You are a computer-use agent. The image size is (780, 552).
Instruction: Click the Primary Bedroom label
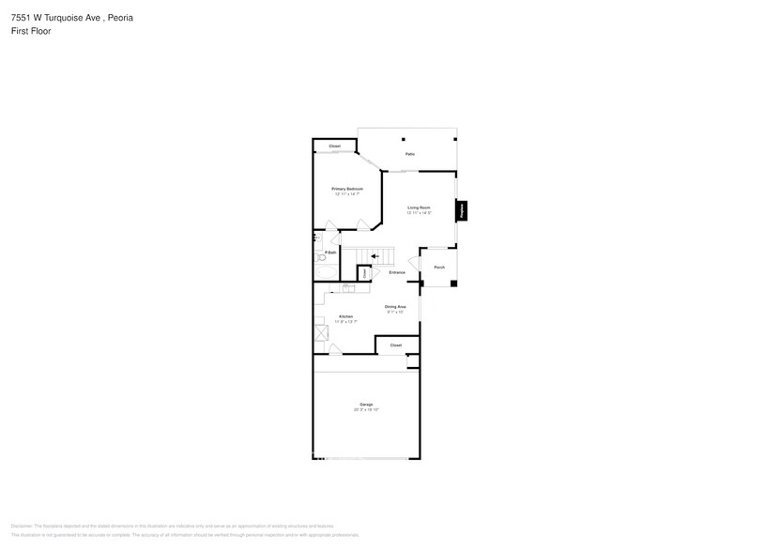pyautogui.click(x=346, y=189)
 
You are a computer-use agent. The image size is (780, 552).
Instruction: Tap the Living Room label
pyautogui.click(x=419, y=207)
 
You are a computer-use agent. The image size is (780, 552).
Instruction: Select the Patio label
pyautogui.click(x=410, y=154)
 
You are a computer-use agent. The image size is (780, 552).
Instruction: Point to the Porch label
pyautogui.click(x=439, y=268)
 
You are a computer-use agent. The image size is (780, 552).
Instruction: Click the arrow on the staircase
pyautogui.click(x=375, y=255)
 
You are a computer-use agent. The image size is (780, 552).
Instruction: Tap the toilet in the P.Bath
pyautogui.click(x=320, y=256)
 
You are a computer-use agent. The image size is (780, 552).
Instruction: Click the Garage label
pyautogui.click(x=365, y=405)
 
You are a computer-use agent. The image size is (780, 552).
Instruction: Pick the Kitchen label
pyautogui.click(x=345, y=316)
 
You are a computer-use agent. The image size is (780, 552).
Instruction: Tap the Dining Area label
pyautogui.click(x=395, y=307)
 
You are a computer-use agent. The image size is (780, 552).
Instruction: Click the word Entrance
pyautogui.click(x=397, y=272)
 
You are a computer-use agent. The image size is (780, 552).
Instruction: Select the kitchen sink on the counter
pyautogui.click(x=348, y=288)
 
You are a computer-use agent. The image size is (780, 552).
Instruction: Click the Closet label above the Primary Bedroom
pyautogui.click(x=334, y=146)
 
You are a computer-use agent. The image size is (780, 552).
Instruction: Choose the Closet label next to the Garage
pyautogui.click(x=396, y=345)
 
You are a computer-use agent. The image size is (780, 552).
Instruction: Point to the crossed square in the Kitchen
pyautogui.click(x=321, y=332)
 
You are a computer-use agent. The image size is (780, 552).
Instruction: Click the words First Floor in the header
pyautogui.click(x=31, y=31)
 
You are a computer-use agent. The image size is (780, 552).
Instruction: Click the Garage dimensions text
pyautogui.click(x=365, y=410)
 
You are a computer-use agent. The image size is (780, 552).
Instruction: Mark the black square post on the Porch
pyautogui.click(x=454, y=284)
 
